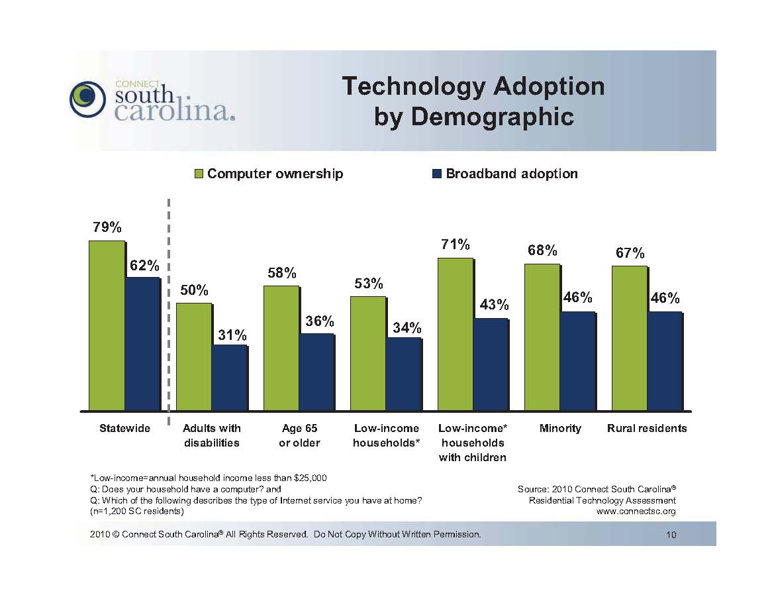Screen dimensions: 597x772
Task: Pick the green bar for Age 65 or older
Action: point(281,348)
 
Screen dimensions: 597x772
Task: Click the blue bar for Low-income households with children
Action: point(491,364)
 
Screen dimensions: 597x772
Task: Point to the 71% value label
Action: point(456,245)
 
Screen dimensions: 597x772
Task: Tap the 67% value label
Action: point(630,253)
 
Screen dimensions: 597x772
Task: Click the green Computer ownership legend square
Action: point(199,174)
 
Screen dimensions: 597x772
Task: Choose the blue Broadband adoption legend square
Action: point(437,174)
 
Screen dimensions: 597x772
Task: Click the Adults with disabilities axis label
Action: point(212,435)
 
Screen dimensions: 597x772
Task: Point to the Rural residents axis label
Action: point(647,428)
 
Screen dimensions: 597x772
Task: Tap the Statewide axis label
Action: point(124,428)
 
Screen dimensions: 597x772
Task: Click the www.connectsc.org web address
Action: point(636,512)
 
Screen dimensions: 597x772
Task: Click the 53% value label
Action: point(369,284)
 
